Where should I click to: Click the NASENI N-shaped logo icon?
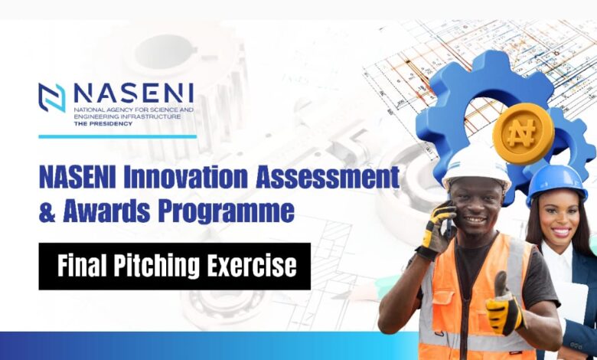click(x=52, y=97)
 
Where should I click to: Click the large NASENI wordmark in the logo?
click(x=134, y=93)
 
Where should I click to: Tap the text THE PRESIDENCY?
click(x=103, y=123)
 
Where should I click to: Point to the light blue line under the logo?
click(x=118, y=136)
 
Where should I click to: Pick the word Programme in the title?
click(x=226, y=213)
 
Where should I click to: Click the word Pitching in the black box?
click(x=156, y=266)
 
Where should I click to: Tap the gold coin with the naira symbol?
click(x=523, y=133)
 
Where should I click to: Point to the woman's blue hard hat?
click(x=556, y=184)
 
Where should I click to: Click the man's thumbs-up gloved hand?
click(x=504, y=305)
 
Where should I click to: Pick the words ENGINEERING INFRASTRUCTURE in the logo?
click(x=128, y=116)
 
